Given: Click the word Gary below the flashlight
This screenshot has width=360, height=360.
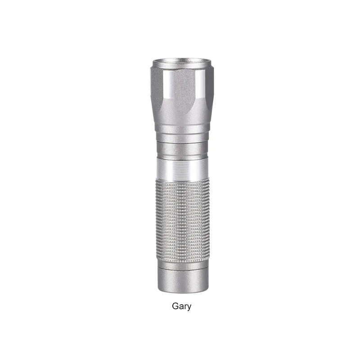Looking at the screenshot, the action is [181, 306].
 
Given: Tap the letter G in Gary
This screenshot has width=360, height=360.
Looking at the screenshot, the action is [175, 306].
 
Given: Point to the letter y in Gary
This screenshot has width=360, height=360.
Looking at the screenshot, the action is [189, 308].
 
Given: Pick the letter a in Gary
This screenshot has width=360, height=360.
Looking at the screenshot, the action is [181, 307].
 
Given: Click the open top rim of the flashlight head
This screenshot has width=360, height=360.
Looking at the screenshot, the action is [182, 63].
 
